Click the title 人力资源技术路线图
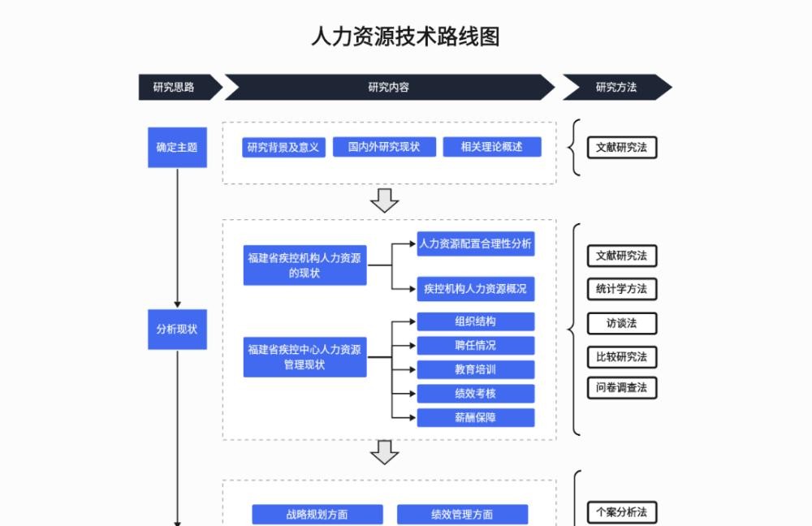[x=405, y=37]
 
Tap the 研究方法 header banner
[x=617, y=87]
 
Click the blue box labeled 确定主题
[x=177, y=148]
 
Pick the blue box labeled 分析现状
[x=177, y=330]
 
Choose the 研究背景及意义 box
[x=283, y=148]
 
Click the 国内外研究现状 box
[x=384, y=147]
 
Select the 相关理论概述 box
[x=492, y=147]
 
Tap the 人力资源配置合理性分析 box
[x=475, y=244]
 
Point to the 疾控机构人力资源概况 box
[x=475, y=289]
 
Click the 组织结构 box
[x=475, y=321]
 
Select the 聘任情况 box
[x=475, y=345]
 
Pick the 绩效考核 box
[x=475, y=394]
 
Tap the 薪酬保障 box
[x=475, y=418]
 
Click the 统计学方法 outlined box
[x=622, y=289]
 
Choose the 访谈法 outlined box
[x=622, y=324]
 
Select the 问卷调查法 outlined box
[x=622, y=388]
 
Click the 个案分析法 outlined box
[x=622, y=512]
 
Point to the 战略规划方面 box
[x=317, y=515]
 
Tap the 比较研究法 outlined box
[x=622, y=356]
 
